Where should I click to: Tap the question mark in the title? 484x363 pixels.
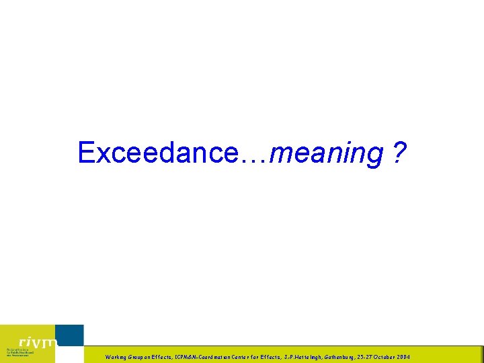400,153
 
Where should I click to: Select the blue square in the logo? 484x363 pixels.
70,335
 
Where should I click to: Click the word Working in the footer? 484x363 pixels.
116,357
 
